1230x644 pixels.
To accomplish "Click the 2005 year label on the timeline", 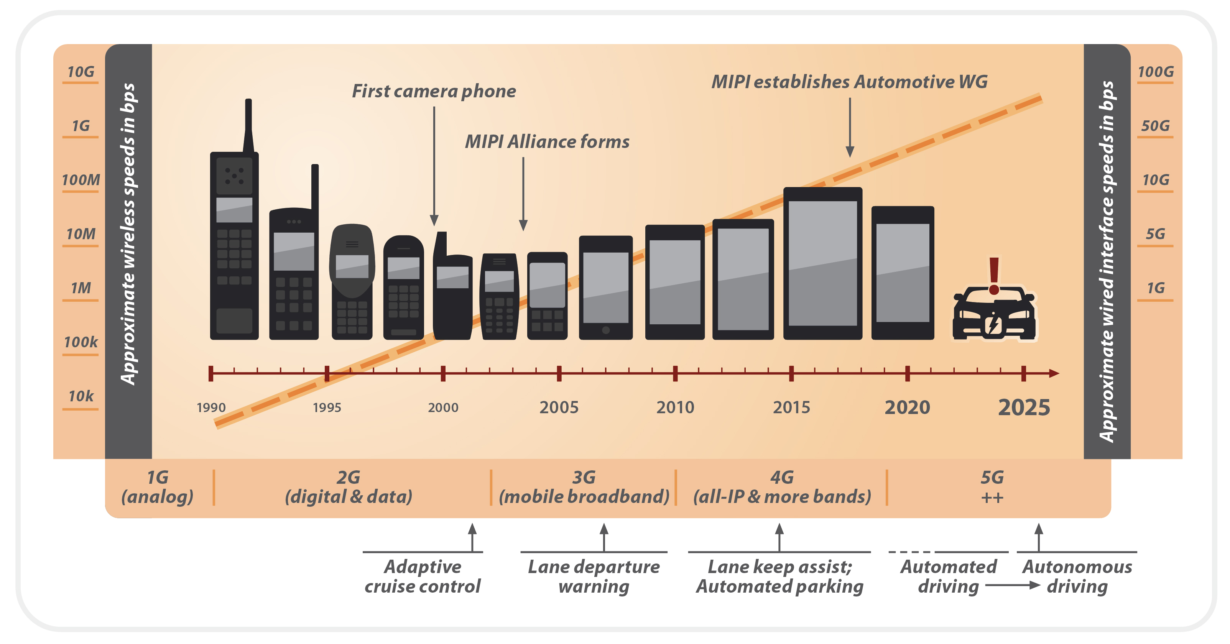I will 559,407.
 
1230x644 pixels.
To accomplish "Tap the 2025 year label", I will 1023,407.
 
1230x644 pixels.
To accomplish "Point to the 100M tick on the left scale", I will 80,180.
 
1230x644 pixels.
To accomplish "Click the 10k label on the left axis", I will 80,396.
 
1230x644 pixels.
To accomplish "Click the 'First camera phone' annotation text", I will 434,91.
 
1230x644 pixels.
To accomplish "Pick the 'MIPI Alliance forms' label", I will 547,141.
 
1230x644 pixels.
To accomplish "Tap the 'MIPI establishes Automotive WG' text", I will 849,82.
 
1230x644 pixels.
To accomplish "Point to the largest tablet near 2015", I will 822,263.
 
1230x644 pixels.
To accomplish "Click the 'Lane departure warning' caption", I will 594,576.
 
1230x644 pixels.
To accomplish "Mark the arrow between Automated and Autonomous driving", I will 1012,585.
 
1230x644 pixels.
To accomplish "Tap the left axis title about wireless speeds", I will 128,234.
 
